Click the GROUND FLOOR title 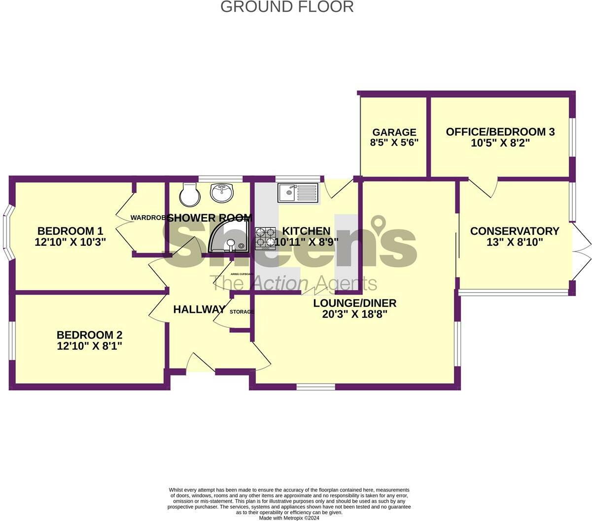tap(286, 7)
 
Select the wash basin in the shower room tap(223, 192)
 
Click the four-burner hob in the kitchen tap(265, 237)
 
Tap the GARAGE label tap(394, 132)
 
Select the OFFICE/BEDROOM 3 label tap(500, 132)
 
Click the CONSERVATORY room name tap(514, 231)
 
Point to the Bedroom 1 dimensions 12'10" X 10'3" tap(70, 242)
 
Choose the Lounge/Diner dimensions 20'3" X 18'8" tap(354, 314)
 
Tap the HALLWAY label tap(199, 309)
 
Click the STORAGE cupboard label tap(242, 312)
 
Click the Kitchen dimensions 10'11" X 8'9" tap(306, 242)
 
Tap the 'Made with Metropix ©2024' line tap(289, 518)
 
